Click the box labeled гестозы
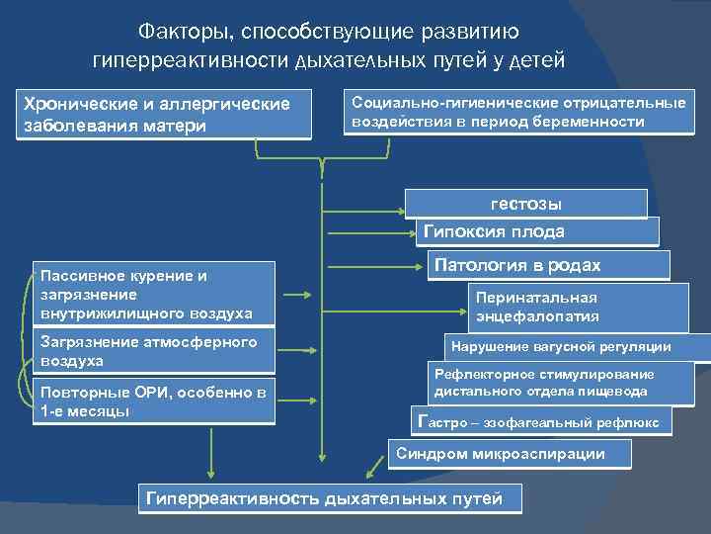(526, 204)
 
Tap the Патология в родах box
(548, 265)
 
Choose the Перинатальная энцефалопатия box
(577, 308)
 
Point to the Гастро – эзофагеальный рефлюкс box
(541, 422)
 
